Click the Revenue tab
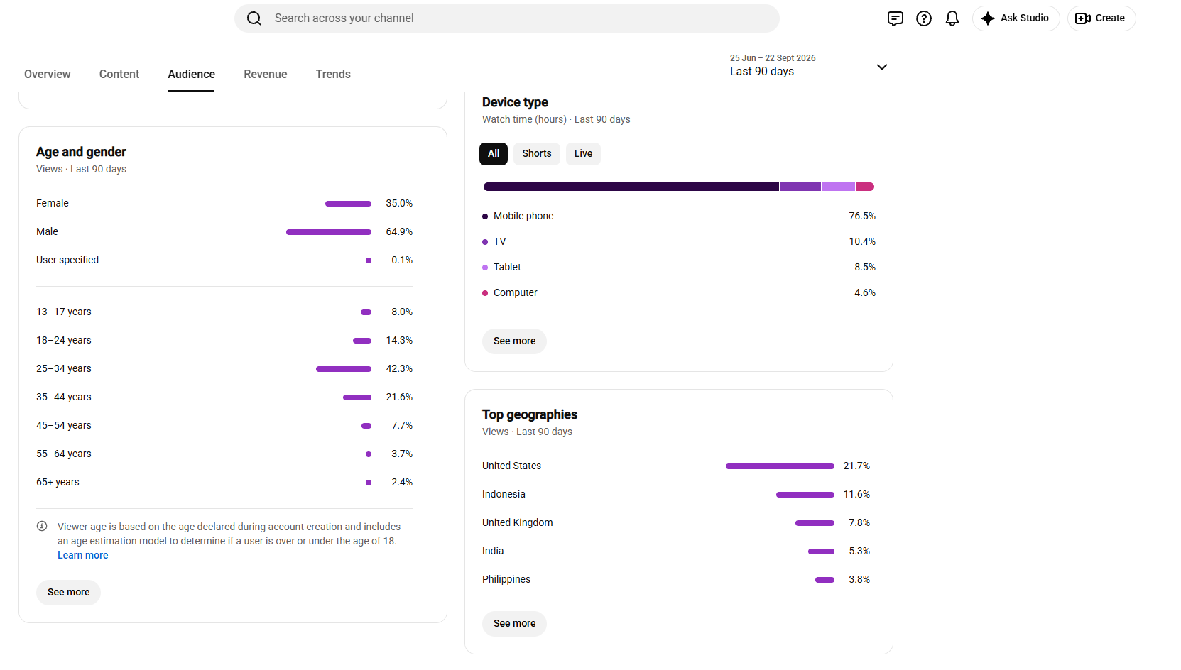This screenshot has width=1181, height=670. [265, 75]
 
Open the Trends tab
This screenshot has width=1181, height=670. [333, 75]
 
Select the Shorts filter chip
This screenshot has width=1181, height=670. [537, 154]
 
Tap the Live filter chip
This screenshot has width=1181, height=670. [583, 154]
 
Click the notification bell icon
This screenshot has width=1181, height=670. [952, 18]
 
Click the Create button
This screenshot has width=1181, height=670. [1101, 18]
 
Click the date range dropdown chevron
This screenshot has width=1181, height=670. [882, 67]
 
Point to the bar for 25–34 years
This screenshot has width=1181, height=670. [344, 369]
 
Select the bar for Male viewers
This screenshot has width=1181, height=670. [329, 232]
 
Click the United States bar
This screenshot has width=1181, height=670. [780, 466]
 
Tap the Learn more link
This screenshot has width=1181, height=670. [83, 555]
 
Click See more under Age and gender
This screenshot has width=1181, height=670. [69, 593]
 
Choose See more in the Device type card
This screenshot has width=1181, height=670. [514, 341]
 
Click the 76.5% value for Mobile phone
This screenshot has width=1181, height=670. [862, 216]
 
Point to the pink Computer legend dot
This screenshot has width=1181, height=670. [485, 293]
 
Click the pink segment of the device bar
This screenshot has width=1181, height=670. [865, 187]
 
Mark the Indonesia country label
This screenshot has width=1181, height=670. [504, 494]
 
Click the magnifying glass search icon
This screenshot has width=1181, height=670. [254, 18]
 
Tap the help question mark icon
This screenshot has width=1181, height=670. [924, 18]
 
